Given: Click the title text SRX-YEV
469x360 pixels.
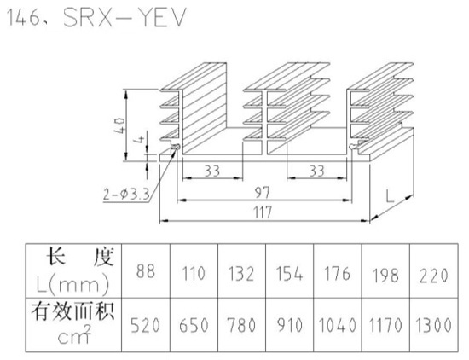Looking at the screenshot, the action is pos(124,18).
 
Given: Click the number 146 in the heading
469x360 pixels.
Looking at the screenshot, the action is pos(22,18).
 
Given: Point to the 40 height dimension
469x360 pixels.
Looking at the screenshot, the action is pos(119,125).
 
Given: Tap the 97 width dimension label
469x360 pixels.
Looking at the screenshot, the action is pos(263,193).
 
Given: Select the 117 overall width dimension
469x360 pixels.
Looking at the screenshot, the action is pos(263,212).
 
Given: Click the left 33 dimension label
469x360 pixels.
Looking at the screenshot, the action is pos(212,171).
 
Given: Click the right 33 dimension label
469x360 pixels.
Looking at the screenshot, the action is pos(316,171).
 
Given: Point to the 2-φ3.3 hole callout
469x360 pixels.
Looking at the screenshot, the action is pos(126,195).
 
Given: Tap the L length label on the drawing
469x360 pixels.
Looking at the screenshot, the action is pos(390,196).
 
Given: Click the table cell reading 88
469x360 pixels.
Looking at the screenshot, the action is pos(146,271).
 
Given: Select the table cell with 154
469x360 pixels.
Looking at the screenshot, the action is pos(289,274).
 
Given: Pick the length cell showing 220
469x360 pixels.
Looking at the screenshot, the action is pos(433,276).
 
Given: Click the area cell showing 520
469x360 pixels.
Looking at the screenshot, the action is pos(145,325).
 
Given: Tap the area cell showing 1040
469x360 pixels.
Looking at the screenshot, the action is pos(338,325).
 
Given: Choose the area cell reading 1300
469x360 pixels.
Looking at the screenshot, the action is pos(433,325).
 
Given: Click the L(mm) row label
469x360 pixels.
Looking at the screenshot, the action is pos(72,285).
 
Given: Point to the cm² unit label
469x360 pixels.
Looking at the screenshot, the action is pos(73,335).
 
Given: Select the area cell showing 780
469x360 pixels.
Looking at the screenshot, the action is pos(241,325).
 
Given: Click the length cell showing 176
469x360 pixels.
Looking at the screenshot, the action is pos(337,274).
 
